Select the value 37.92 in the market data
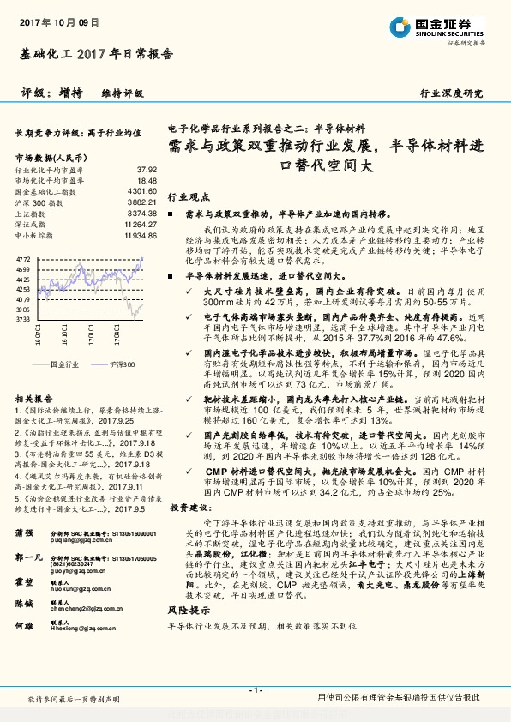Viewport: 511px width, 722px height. (147, 170)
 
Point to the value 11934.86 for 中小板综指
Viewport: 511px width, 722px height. (139, 234)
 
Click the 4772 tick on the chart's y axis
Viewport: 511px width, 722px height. (23, 258)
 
